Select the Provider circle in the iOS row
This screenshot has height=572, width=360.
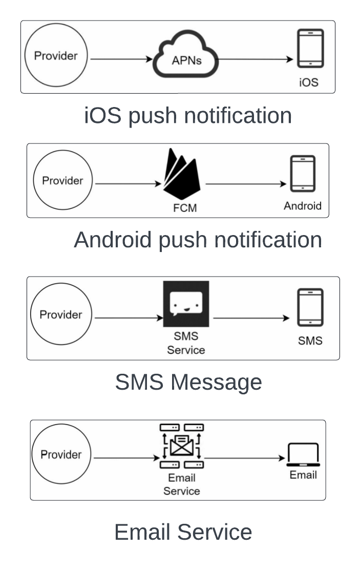point(56,56)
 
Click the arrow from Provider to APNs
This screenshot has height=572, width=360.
point(121,59)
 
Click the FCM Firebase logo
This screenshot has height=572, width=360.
point(181,175)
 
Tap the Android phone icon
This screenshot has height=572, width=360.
point(303,174)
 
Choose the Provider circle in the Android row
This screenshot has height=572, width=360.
point(62,180)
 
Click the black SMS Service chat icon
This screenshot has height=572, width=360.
point(186,304)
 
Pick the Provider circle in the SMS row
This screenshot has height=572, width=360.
point(60,314)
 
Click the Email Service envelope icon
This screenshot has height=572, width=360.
point(181,444)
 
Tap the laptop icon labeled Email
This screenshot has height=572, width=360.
point(303,455)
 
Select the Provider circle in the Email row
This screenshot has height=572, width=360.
point(61,455)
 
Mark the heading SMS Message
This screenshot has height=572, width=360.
point(188,383)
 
